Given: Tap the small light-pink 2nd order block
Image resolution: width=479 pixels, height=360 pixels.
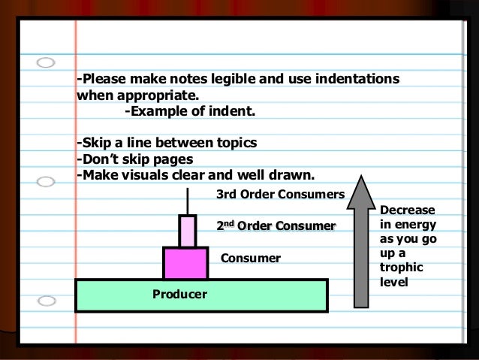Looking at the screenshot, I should pyautogui.click(x=186, y=231).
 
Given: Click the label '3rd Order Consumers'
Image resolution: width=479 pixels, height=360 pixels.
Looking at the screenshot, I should pyautogui.click(x=280, y=195).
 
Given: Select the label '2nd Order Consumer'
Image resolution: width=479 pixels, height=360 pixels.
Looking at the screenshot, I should pyautogui.click(x=275, y=226).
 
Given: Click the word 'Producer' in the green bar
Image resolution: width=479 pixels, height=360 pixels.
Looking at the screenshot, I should pyautogui.click(x=180, y=292).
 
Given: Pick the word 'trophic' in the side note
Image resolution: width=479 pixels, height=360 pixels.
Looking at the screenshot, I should pyautogui.click(x=402, y=268).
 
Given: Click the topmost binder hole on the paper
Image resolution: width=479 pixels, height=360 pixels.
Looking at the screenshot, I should pyautogui.click(x=47, y=62).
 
